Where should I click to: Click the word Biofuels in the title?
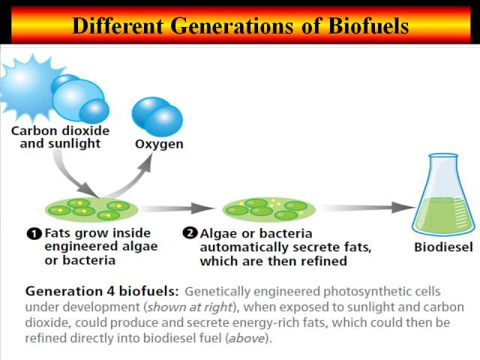[368, 25]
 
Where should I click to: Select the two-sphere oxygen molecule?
[157, 117]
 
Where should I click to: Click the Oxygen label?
[159, 144]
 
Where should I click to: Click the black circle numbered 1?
[34, 234]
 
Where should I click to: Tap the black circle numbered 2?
[190, 233]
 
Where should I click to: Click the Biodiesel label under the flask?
[443, 247]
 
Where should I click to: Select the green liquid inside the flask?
[443, 214]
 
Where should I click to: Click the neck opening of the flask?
[443, 157]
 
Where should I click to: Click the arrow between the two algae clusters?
[178, 208]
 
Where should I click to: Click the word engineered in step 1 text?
[76, 247]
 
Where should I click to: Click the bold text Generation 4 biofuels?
[102, 291]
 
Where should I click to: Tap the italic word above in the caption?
[247, 338]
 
